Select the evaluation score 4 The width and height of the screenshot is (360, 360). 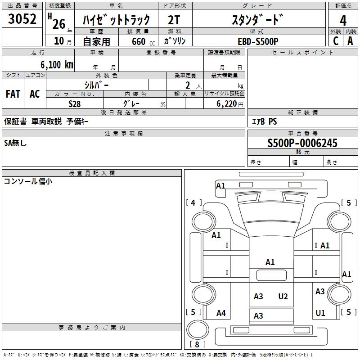click(343, 20)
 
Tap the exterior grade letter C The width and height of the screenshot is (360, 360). click(335, 41)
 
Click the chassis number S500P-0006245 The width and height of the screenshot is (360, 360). click(302, 144)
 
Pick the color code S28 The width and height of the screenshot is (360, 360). click(74, 103)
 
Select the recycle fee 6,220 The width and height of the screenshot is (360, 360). click(225, 103)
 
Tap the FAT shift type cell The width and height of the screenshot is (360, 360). click(13, 94)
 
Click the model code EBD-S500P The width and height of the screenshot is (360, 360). click(258, 41)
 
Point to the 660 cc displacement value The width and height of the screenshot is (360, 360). click(142, 41)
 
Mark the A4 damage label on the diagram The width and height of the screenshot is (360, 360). click(221, 313)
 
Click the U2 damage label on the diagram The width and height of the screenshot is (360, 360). click(283, 297)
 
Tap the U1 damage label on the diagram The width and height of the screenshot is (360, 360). click(320, 313)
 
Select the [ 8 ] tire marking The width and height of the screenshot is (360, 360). click(198, 345)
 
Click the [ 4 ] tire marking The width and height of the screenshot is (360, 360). click(193, 203)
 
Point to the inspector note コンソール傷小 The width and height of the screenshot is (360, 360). click(28, 181)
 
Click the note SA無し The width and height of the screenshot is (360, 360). click(16, 143)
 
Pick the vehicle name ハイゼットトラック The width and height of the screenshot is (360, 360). click(117, 20)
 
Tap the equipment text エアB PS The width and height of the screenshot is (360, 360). click(264, 121)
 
